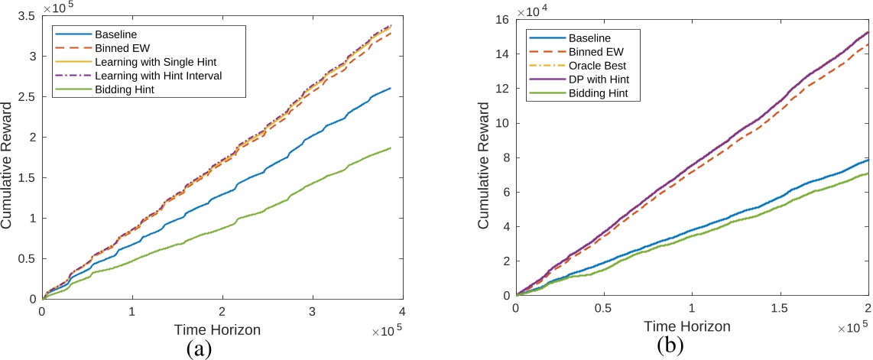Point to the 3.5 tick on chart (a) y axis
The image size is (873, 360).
point(28,15)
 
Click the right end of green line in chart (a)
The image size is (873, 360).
point(391,148)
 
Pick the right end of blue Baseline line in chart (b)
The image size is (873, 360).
point(868,160)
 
